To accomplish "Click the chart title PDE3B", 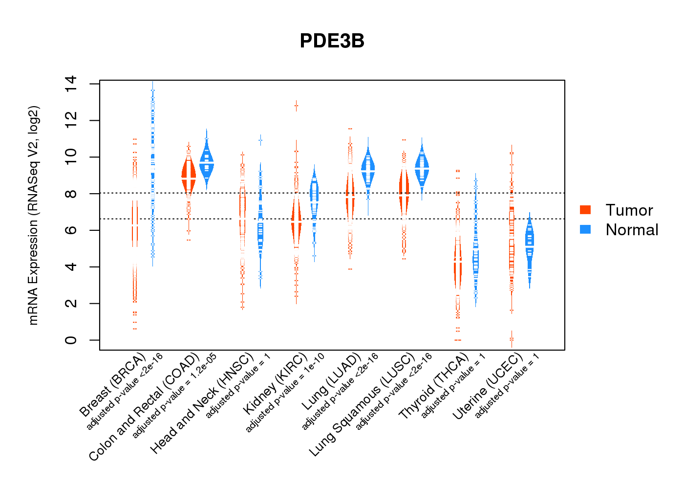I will pos(332,41).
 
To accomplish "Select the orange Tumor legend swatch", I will pos(585,210).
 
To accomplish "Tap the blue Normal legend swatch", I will pos(585,229).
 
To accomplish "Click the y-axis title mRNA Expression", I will pos(33,215).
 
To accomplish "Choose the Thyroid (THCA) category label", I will pos(433,387).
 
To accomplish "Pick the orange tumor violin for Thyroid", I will pos(457,264).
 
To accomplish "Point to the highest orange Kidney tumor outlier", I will pos(296,106).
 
